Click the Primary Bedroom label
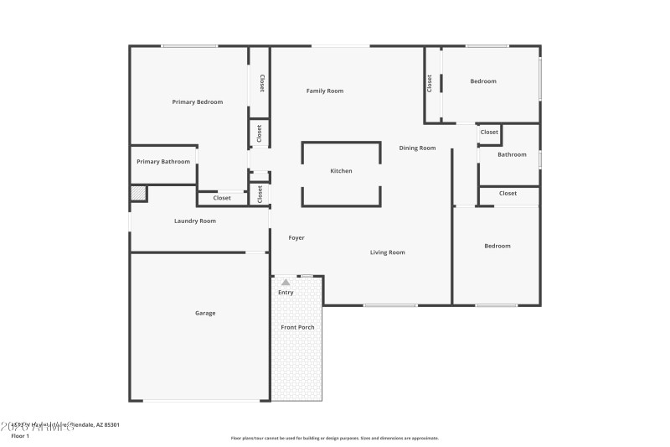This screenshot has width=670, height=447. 198,102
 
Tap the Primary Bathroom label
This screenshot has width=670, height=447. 163,162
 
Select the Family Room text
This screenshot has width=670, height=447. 324,91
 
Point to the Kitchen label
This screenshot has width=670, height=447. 341,171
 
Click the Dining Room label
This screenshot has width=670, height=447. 417,148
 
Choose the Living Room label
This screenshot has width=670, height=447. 388,252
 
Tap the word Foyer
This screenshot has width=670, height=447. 296,238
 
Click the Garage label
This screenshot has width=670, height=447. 205,313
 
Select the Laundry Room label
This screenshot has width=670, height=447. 195,221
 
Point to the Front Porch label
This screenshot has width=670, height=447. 297,327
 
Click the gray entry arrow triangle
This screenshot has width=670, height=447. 286,283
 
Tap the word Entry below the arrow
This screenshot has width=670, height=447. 286,293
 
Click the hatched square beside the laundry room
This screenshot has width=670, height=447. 138,194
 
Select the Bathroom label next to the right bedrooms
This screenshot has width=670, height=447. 512,154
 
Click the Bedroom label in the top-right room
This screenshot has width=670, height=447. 483,81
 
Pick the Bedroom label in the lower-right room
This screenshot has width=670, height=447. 497,246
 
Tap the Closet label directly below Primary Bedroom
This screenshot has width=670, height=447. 222,199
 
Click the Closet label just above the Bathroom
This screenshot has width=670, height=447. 489,132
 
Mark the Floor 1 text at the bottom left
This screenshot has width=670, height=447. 20,436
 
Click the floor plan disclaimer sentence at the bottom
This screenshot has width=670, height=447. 334,438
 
